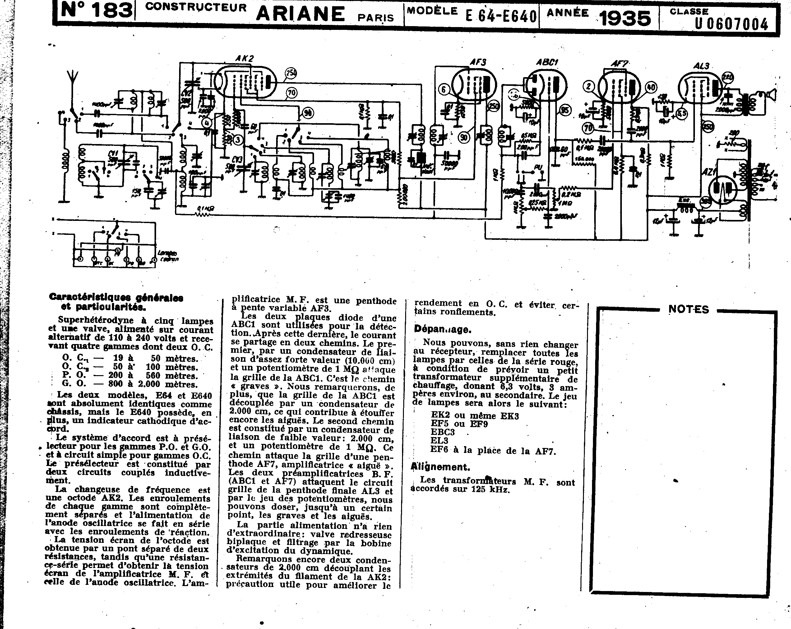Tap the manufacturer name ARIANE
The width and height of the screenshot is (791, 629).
pos(300,14)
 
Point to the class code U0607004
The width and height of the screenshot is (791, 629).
pos(731,24)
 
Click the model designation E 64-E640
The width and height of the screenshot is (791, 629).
pos(501,16)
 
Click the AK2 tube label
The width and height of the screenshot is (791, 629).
pos(244,59)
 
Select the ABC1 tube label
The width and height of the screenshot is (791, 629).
pos(547,63)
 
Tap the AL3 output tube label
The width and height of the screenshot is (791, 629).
pos(701,66)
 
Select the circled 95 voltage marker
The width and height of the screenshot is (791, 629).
pos(565,110)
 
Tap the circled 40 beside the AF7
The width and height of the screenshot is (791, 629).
pos(651,87)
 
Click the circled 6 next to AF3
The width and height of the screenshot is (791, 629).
pos(444,89)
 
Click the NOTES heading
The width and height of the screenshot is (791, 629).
pos(689,309)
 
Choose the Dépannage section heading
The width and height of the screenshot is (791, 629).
pos(442,329)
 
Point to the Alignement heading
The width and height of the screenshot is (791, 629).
pos(440,467)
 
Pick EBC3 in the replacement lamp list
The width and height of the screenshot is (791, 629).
pos(443,432)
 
